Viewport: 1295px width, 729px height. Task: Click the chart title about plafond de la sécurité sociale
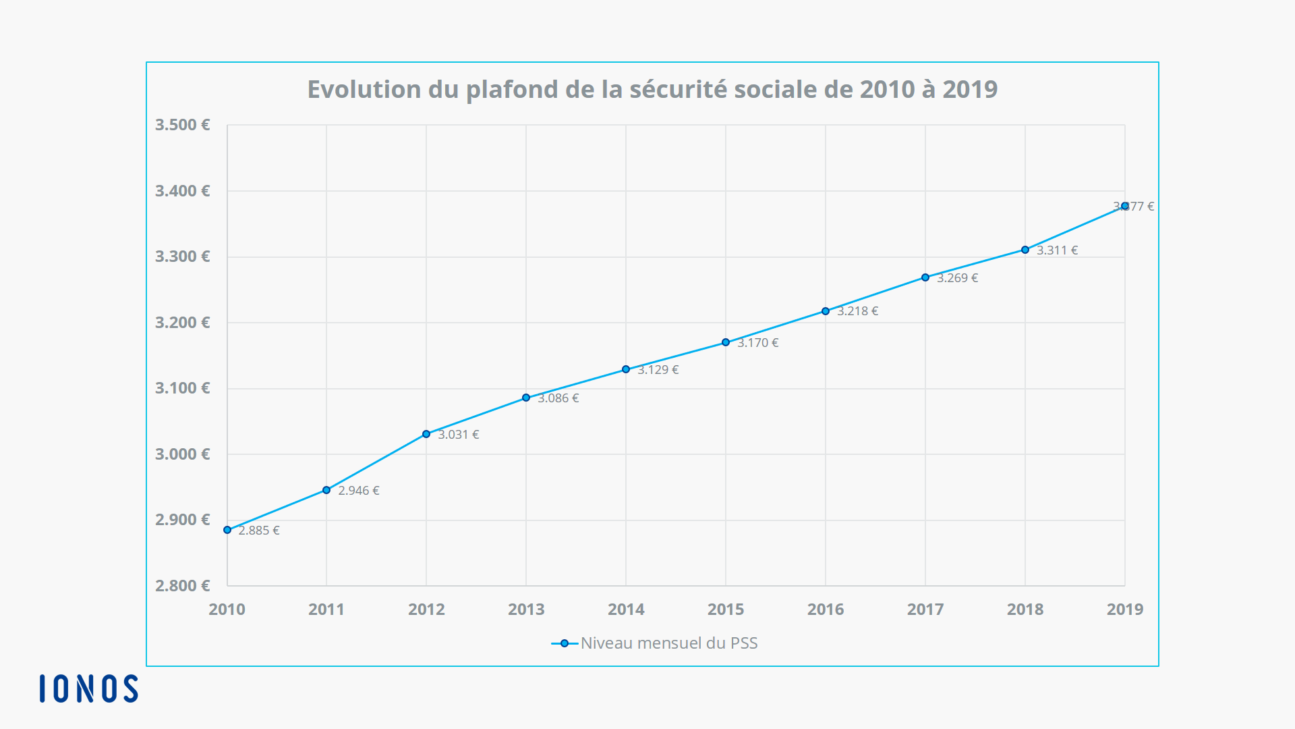click(652, 90)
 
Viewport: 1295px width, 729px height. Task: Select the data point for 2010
click(227, 530)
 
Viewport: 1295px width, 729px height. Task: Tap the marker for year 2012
click(426, 434)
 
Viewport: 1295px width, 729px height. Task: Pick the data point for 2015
click(726, 342)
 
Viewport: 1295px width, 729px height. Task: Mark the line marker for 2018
click(1025, 250)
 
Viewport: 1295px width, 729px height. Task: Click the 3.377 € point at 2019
click(1125, 206)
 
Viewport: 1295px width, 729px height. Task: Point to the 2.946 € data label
click(359, 491)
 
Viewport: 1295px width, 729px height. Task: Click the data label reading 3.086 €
click(558, 398)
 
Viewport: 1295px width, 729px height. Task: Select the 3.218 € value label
click(858, 311)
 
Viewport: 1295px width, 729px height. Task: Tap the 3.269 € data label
click(958, 278)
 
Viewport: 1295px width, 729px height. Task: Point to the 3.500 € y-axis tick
click(183, 125)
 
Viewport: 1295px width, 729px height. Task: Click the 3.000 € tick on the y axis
click(183, 454)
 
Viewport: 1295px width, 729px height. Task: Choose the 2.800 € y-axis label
click(183, 586)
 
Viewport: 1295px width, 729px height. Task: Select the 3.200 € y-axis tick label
click(183, 323)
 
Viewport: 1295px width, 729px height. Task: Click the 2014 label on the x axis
click(626, 610)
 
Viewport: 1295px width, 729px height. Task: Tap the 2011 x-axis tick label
click(326, 610)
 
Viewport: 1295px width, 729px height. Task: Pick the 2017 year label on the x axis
click(925, 610)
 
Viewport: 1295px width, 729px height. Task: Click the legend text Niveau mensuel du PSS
click(669, 643)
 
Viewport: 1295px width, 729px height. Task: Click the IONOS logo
click(88, 688)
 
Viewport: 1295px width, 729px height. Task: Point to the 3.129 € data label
click(658, 370)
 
